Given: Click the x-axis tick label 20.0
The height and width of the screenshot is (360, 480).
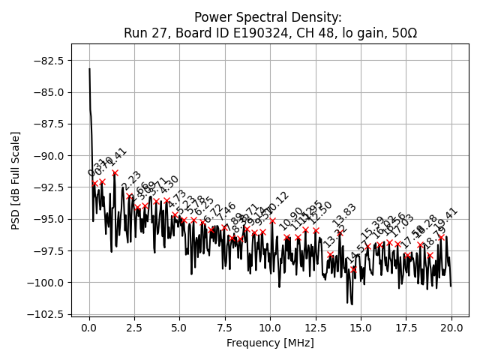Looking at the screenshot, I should point(451,328).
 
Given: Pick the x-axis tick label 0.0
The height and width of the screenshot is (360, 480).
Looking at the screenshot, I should point(89,328).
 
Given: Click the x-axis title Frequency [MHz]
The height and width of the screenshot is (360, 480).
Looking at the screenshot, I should point(270,343).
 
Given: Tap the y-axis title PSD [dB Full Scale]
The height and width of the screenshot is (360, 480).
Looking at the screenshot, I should point(16,180).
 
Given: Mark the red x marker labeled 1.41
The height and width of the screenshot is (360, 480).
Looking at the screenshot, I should point(115,172).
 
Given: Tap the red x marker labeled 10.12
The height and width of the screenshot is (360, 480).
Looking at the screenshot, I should point(272,221).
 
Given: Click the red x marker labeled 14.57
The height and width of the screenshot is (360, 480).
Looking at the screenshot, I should point(353,269).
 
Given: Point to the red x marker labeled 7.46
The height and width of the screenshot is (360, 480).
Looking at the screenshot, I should point(224,227).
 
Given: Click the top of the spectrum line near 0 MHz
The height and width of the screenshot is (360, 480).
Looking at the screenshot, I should point(89,69).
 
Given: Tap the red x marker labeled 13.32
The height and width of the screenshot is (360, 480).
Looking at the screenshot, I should point(331,255).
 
